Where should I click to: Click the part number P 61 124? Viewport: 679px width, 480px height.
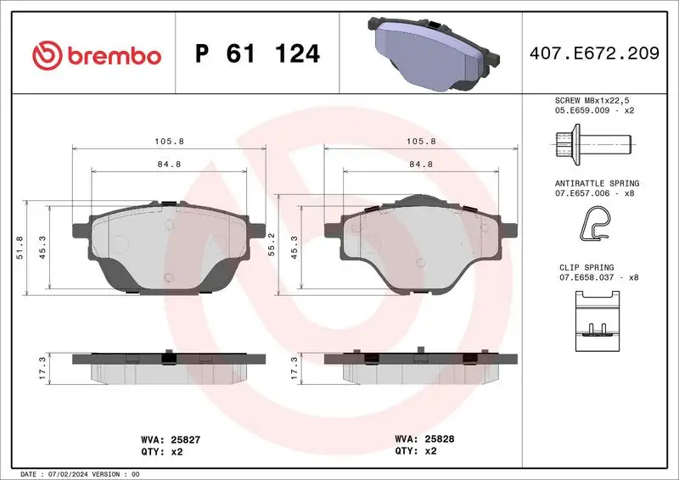pyautogui.click(x=257, y=54)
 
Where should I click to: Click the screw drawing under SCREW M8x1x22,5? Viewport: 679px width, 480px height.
pyautogui.click(x=592, y=142)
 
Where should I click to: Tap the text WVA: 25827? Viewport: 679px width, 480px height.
pyautogui.click(x=170, y=440)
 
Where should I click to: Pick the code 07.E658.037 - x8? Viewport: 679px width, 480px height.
pyautogui.click(x=599, y=277)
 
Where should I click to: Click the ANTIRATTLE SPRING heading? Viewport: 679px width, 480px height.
pyautogui.click(x=598, y=183)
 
